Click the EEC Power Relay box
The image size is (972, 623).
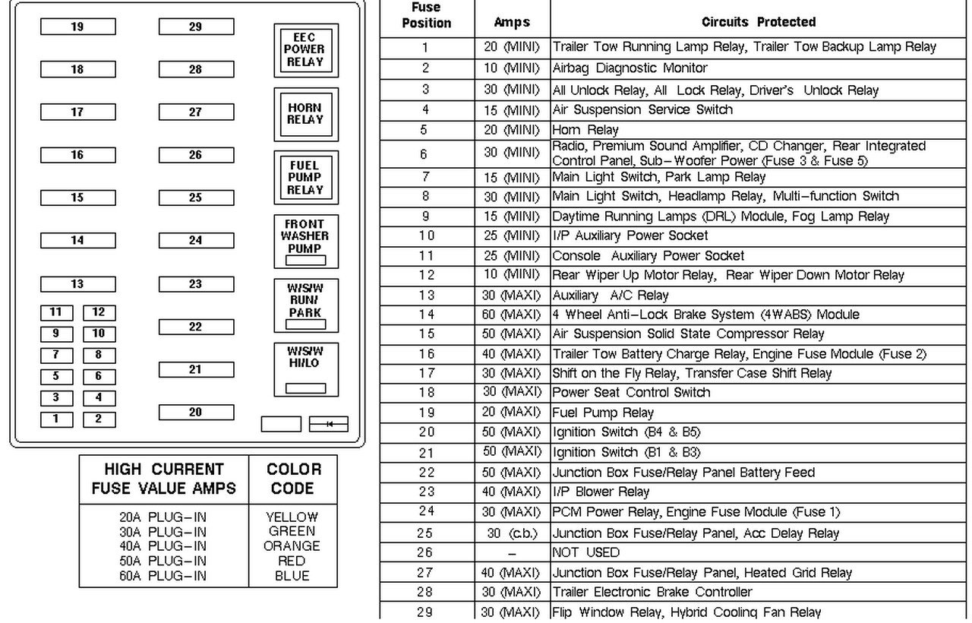(306, 50)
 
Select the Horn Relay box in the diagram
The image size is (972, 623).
(306, 114)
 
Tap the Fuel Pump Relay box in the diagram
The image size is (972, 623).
(306, 178)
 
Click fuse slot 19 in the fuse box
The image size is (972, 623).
(77, 27)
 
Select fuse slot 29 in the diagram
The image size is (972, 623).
(196, 27)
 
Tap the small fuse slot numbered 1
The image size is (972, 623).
(55, 419)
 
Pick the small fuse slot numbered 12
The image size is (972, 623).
(99, 312)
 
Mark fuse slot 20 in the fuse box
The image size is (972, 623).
(196, 413)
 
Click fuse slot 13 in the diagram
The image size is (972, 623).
(77, 285)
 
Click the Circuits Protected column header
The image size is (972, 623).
(759, 22)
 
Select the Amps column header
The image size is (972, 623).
(512, 22)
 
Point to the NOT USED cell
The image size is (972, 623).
(585, 552)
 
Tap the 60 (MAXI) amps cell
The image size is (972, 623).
(512, 315)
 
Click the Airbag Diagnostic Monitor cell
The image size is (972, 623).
(630, 68)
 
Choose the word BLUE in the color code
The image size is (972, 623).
(292, 576)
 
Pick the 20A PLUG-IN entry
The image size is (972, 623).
(163, 517)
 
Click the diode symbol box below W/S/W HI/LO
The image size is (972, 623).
(329, 424)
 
